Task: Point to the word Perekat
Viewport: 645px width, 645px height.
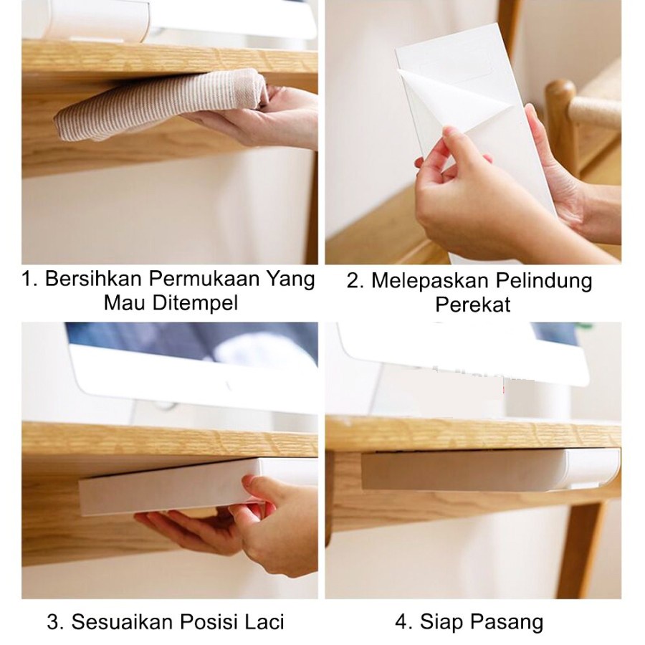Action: pyautogui.click(x=473, y=305)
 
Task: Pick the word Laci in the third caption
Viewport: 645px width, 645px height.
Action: pyautogui.click(x=264, y=622)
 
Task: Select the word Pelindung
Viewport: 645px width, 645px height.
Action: pyautogui.click(x=544, y=281)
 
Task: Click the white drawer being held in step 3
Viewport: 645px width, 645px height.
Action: pyautogui.click(x=173, y=487)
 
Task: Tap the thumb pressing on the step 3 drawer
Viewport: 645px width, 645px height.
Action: pyautogui.click(x=257, y=487)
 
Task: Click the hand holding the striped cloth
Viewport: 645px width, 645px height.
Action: pyautogui.click(x=263, y=118)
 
